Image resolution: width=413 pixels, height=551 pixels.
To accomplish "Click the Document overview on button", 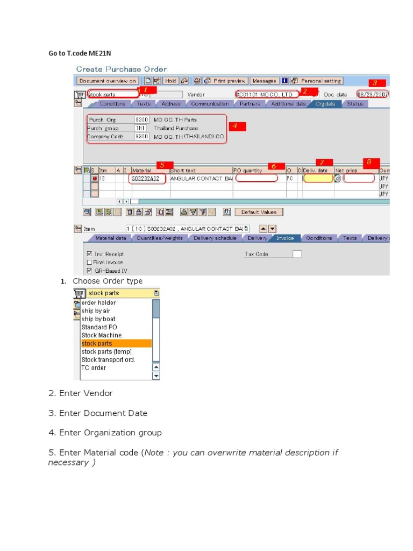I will (x=108, y=81).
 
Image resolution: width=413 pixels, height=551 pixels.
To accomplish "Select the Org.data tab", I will (x=325, y=104).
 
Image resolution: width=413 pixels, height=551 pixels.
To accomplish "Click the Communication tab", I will (x=210, y=104).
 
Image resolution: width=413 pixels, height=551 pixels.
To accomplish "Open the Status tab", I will (x=355, y=104).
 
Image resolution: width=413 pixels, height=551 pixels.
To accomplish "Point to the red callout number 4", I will (x=237, y=126).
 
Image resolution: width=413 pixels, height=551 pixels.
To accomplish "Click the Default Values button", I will (x=259, y=212).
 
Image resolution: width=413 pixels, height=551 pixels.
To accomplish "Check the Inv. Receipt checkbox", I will (x=89, y=253).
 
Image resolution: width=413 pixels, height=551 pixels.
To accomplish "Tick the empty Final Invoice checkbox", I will (x=89, y=262).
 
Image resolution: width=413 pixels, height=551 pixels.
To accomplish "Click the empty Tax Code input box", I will (x=297, y=254).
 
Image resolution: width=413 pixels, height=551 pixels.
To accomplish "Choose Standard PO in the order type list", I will (x=99, y=327).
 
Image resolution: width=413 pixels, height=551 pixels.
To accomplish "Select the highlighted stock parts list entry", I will (x=97, y=343).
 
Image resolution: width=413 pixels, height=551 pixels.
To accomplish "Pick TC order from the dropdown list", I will (x=94, y=368).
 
